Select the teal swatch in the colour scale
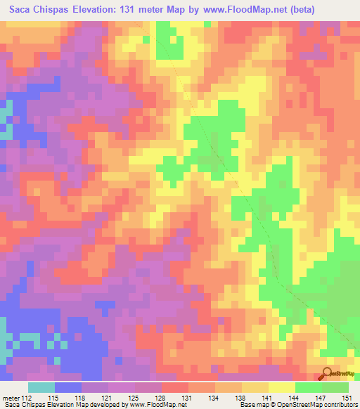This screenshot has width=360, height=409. click(x=41, y=387)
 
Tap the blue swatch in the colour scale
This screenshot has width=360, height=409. click(x=67, y=387)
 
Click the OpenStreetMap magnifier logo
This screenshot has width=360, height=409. click(x=327, y=374)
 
